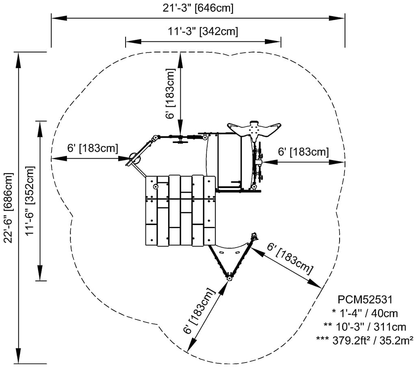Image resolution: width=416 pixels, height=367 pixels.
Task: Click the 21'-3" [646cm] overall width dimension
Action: pos(198,8)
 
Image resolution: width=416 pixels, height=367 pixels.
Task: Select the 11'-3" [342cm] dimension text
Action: pos(203,32)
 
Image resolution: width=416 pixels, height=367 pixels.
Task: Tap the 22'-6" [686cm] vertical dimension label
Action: pos(9,207)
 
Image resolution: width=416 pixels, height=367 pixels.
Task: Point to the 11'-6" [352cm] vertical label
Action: pos(30,201)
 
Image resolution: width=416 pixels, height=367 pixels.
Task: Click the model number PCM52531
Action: pos(365,300)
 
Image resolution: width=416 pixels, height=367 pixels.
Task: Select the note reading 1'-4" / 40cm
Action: pos(365,313)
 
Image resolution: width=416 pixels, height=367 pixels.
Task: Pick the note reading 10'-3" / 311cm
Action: pos(365,327)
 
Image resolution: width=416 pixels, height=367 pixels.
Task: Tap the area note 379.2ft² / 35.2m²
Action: pos(365,340)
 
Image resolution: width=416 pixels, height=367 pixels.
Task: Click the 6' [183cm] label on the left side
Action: pos(93,148)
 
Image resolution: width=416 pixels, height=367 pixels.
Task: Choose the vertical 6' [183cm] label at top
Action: pos(170,94)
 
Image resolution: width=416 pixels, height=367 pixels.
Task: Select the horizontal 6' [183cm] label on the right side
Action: pos(303,152)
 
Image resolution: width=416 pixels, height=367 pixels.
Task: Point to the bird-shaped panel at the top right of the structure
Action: pos(254,130)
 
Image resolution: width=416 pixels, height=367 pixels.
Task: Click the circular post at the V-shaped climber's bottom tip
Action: pos(229,278)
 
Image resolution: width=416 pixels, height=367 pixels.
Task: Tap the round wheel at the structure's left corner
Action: pos(135,159)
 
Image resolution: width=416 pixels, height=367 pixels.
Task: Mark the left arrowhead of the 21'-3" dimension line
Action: pos(59,18)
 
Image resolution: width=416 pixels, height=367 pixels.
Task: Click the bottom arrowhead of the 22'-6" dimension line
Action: pos(18,355)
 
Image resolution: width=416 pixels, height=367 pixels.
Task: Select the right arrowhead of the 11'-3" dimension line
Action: pos(273,42)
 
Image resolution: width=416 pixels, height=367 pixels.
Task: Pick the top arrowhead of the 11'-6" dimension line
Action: pos(40,129)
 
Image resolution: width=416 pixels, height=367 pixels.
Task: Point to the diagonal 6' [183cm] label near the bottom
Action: pos(199,311)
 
